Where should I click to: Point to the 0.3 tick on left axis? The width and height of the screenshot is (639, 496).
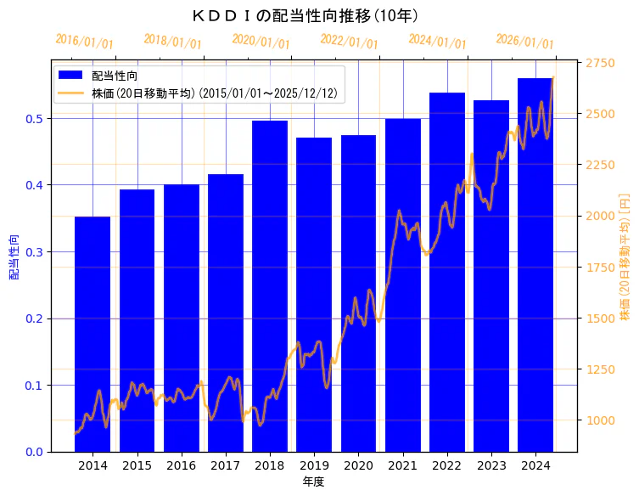coord(34,252)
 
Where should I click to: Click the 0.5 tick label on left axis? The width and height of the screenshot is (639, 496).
coord(34,119)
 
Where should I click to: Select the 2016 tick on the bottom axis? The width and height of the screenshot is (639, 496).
coord(181,465)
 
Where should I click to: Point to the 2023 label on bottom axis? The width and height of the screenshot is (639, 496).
coord(490,465)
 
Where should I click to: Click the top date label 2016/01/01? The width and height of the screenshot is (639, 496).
coord(84,42)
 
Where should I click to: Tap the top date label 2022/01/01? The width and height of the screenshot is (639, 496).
coord(349,42)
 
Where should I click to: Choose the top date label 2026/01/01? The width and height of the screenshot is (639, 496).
coord(524,42)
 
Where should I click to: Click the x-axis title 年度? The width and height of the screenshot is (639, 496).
coord(313,482)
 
